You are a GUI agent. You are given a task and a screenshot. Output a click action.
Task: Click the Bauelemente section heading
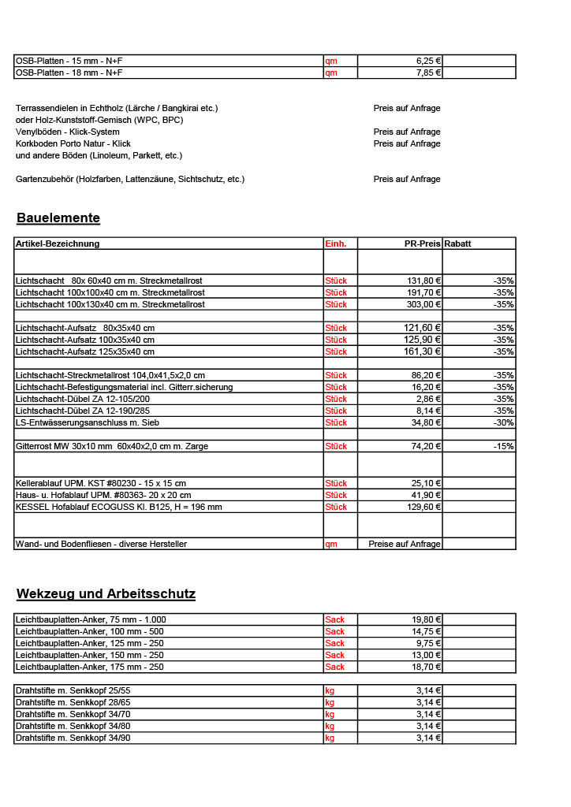pos(58,218)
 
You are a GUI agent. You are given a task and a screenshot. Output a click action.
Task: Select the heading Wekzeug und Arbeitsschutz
pos(106,593)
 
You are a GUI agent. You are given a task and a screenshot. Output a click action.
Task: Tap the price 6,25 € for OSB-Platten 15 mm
pos(428,61)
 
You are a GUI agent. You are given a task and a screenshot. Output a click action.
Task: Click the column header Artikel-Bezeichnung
pos(58,244)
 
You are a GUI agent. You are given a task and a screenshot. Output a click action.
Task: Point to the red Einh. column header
pos(336,244)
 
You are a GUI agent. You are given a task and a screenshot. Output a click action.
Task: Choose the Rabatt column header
pos(458,244)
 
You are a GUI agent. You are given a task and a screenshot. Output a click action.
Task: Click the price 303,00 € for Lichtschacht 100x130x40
pos(424,304)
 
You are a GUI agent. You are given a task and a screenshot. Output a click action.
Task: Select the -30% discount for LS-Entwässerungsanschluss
pos(503,422)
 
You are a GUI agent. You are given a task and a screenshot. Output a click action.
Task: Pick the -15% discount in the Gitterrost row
pos(503,446)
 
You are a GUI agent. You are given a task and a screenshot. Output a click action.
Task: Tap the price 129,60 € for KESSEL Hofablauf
pos(424,507)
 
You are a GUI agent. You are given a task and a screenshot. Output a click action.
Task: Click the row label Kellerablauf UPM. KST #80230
pos(101,483)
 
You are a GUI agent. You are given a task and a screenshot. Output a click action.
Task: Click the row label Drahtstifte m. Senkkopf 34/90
pos(73,738)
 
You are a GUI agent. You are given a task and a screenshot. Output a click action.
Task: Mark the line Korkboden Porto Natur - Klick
pos(73,143)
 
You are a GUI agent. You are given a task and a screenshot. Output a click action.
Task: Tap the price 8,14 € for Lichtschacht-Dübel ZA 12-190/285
pos(428,411)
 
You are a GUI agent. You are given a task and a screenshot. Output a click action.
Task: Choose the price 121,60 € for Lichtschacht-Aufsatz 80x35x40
pos(422,328)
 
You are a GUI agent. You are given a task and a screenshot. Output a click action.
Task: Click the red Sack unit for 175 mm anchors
pos(335,667)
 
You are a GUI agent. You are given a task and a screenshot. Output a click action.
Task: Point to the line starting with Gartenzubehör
pos(130,179)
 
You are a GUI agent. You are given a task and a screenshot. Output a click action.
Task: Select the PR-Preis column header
pos(422,244)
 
